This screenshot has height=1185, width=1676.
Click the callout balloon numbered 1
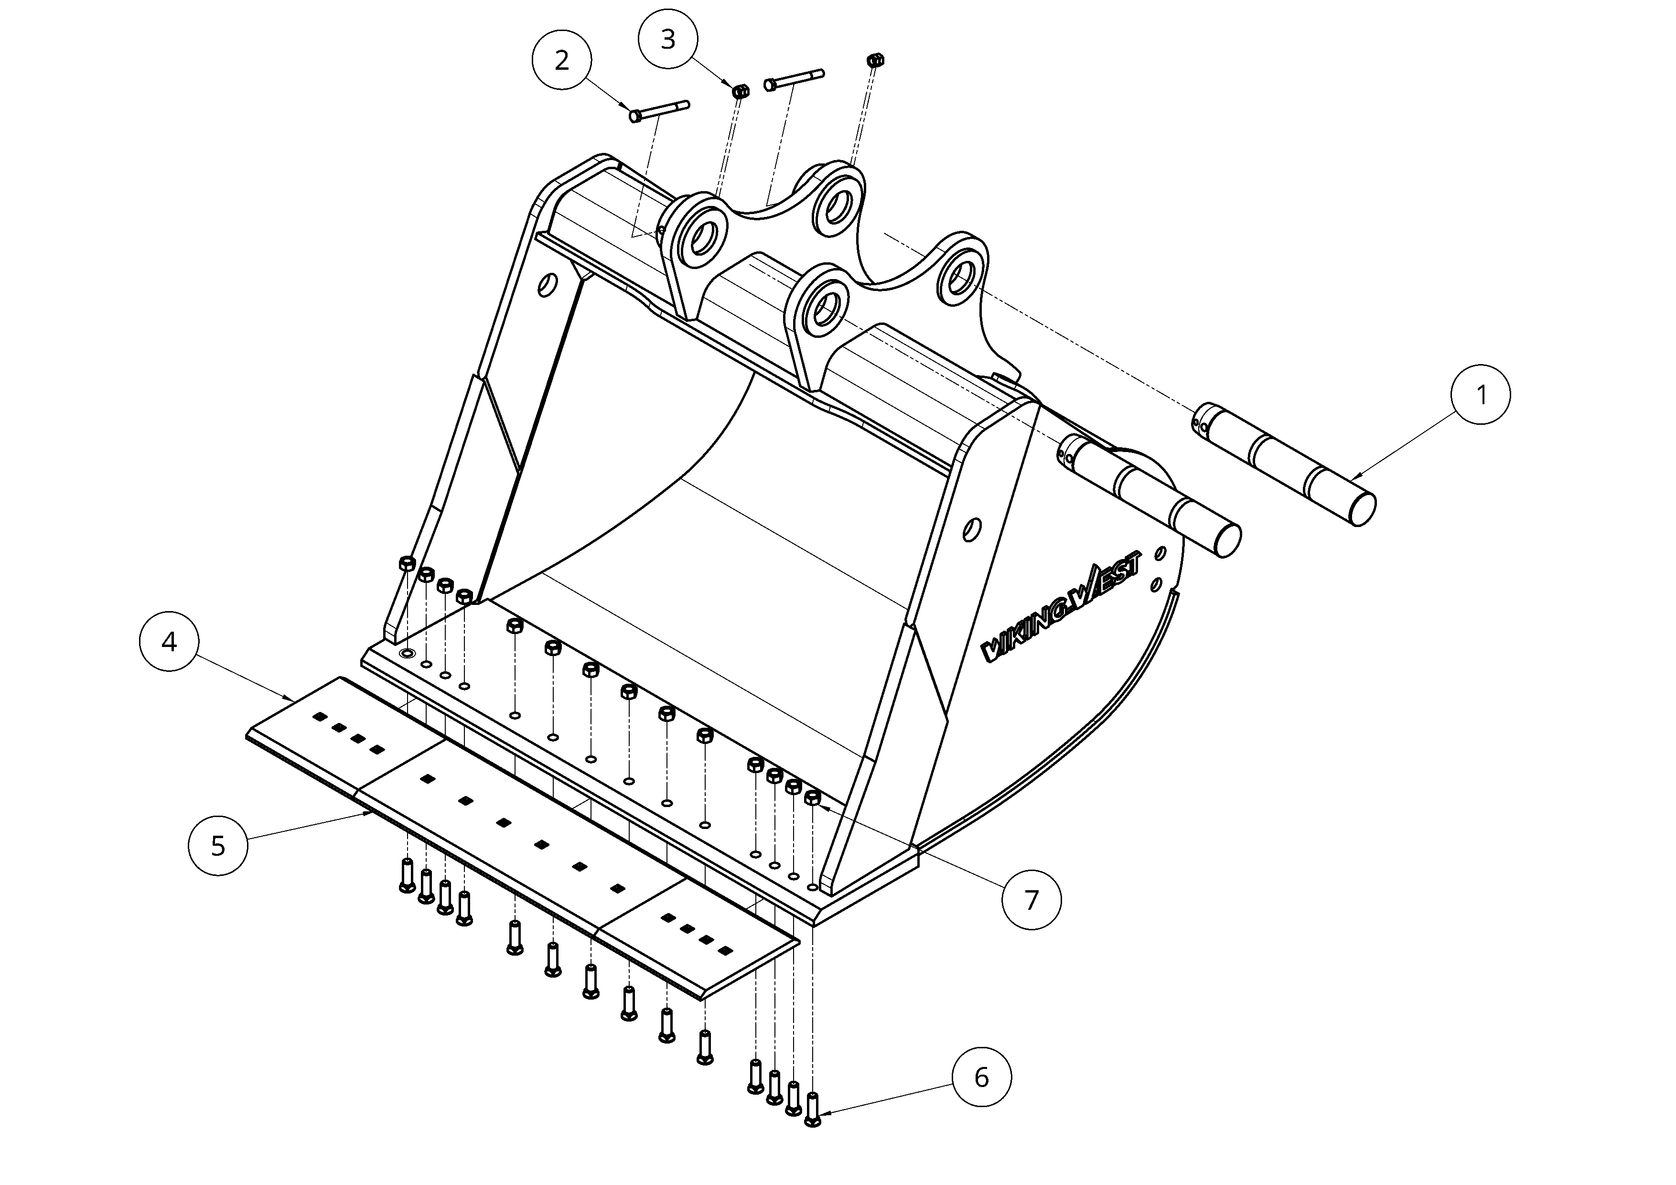click(1481, 395)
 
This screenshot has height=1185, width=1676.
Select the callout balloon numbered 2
click(561, 60)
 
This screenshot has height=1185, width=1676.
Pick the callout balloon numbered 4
click(169, 642)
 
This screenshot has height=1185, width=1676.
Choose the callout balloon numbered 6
click(982, 1077)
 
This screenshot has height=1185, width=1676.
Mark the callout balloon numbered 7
click(1031, 900)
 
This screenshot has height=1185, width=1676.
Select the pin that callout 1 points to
click(1285, 464)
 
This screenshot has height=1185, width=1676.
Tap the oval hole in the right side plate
click(972, 529)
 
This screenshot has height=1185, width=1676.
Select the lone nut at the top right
click(874, 59)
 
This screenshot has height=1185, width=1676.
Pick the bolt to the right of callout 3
click(794, 80)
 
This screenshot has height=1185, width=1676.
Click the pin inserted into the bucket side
click(1149, 496)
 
